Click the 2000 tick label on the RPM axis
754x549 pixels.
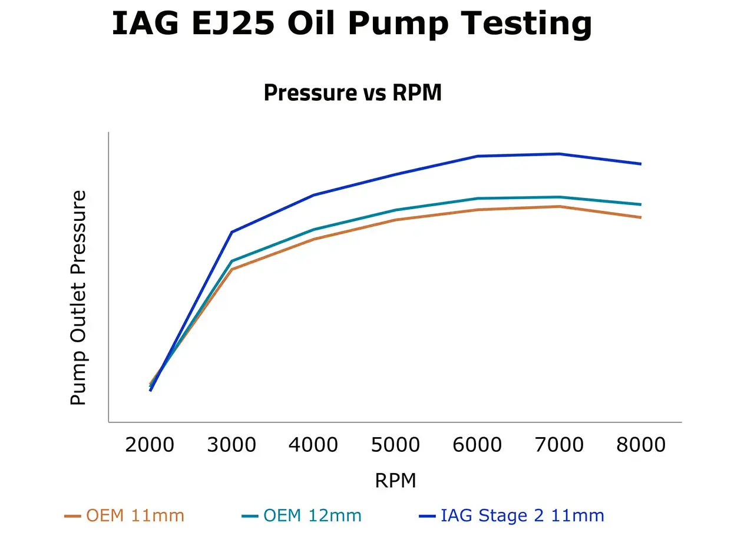150,445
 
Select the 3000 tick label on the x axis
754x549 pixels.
232,445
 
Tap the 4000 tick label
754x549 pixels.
313,445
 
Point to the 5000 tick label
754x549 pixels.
395,445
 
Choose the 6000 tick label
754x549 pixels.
477,445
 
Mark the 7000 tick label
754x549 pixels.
559,445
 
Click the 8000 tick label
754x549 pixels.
641,445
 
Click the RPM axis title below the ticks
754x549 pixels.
395,481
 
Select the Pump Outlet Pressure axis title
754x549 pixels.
78,297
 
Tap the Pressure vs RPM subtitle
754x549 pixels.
352,93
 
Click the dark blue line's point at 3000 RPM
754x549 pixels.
232,232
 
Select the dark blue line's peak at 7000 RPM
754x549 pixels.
559,154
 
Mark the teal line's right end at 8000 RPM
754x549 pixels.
640,204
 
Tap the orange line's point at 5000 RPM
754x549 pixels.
395,220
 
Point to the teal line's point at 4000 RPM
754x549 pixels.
313,230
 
